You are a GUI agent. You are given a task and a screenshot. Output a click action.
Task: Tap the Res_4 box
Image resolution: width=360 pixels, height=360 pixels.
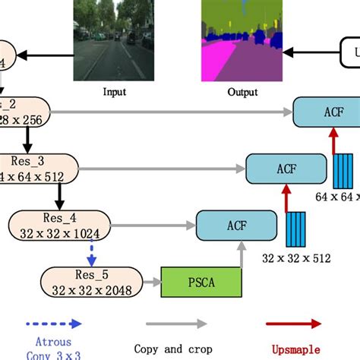(x=58, y=226)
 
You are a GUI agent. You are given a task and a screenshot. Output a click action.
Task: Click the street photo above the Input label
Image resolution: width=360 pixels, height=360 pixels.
(x=113, y=40)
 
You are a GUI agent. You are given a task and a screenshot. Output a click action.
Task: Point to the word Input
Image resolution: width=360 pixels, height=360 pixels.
(x=114, y=93)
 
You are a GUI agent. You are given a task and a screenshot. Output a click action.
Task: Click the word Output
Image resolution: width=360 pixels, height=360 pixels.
(x=242, y=93)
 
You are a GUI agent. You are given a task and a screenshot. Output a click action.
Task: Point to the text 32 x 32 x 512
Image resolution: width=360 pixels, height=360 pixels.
(x=297, y=258)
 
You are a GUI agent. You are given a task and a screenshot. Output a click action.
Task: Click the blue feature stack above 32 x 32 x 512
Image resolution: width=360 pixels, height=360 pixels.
(x=296, y=229)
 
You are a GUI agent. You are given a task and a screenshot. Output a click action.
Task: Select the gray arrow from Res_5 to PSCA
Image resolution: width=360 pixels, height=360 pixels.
(x=151, y=283)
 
